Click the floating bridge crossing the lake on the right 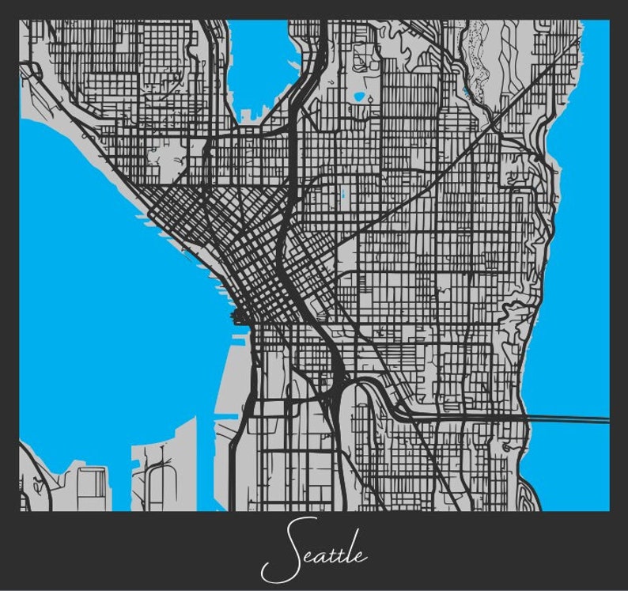pyautogui.click(x=566, y=417)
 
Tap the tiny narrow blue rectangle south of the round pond pyautogui.click(x=343, y=194)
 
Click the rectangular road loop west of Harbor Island pyautogui.click(x=91, y=482)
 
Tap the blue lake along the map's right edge pyautogui.click(x=585, y=237)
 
